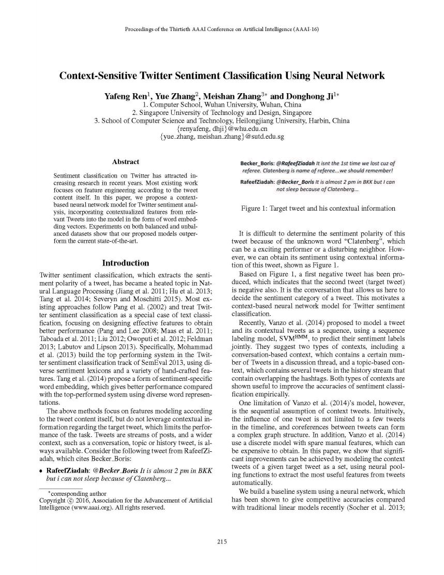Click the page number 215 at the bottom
click(221, 542)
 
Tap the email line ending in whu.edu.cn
click(222, 129)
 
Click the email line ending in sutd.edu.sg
click(222, 137)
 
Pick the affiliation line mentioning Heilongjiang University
click(222, 121)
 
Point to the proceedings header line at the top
click(221, 29)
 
